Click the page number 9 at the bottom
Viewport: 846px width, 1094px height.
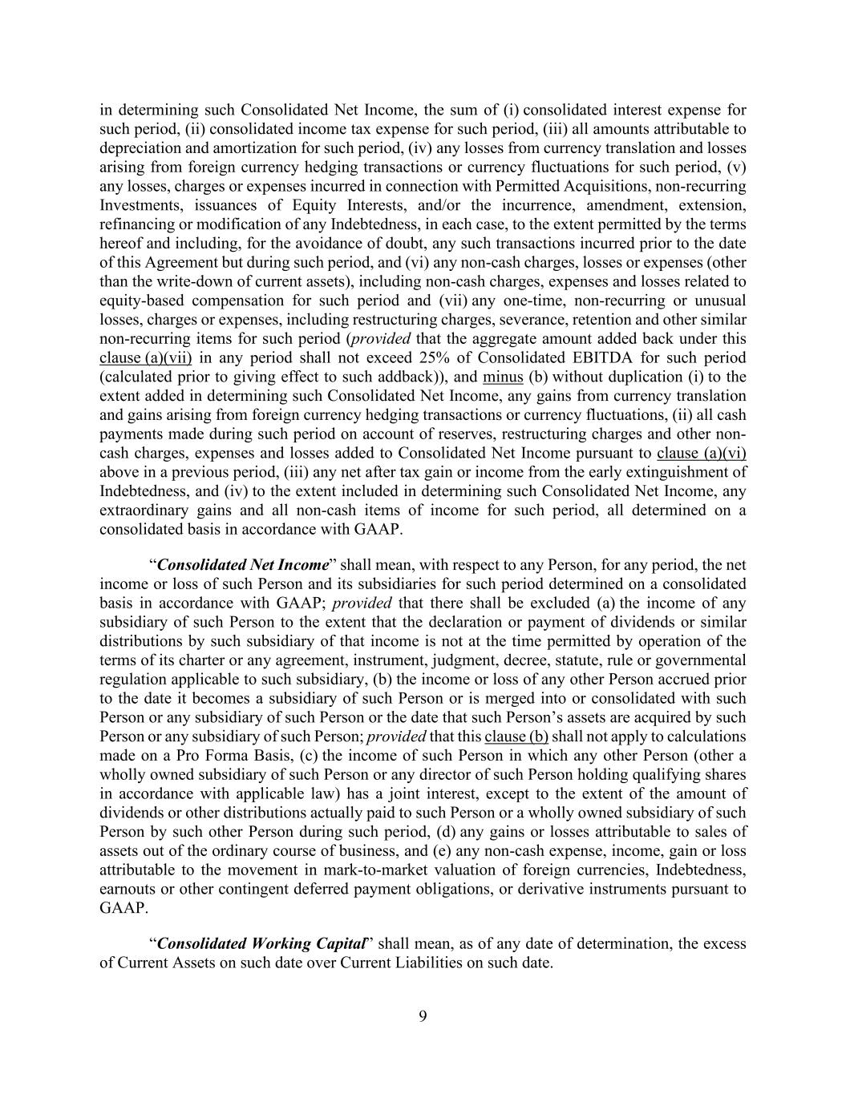(x=423, y=1017)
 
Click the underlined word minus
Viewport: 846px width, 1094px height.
(x=503, y=377)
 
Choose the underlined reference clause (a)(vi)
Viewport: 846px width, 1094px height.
(x=701, y=453)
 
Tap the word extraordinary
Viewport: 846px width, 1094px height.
(x=141, y=511)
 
